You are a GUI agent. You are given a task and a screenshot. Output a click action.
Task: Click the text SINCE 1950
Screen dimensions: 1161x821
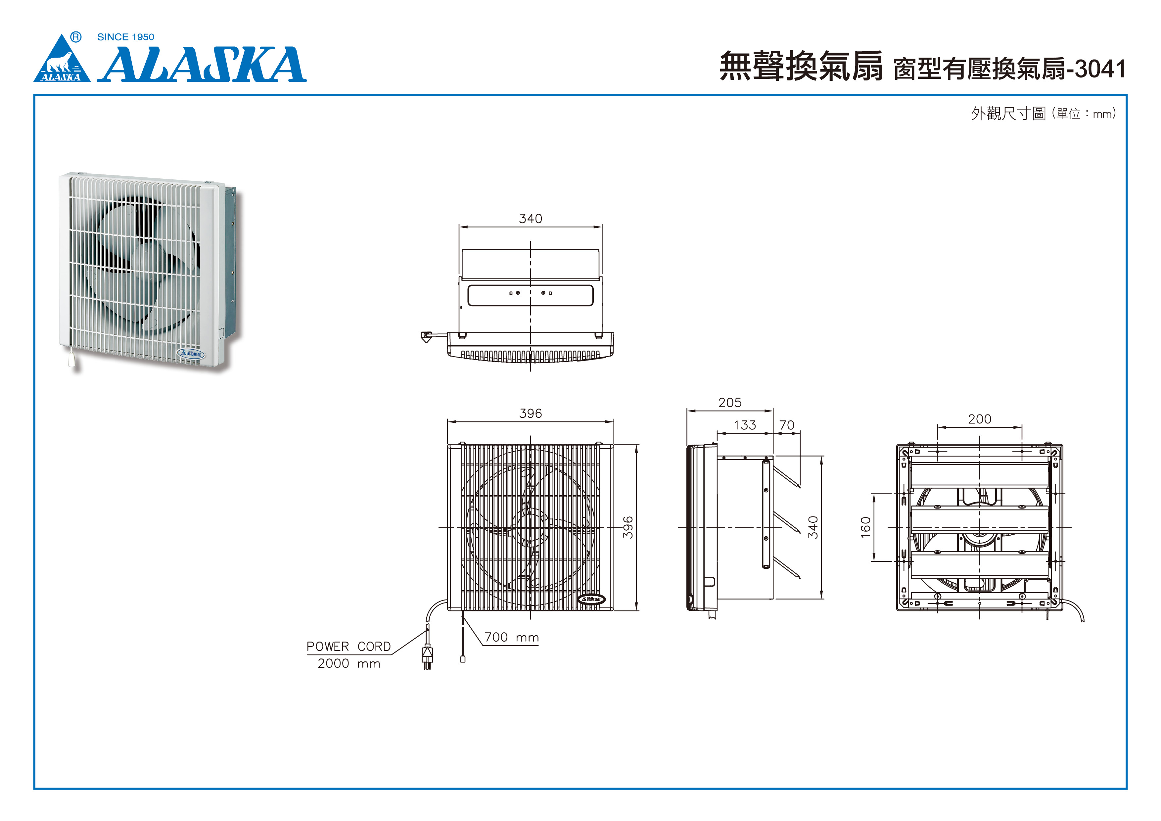[x=125, y=37]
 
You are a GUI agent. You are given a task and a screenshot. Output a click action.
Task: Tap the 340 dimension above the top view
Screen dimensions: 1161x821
[x=531, y=218]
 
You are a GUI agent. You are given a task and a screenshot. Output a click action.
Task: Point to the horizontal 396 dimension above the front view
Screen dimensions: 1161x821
[x=531, y=413]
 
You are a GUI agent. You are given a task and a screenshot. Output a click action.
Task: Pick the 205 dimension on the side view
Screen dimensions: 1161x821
[x=730, y=403]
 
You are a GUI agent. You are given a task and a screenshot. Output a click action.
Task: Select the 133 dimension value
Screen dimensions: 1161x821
[x=745, y=425]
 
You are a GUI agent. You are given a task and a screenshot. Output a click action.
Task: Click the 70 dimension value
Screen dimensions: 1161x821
[x=787, y=425]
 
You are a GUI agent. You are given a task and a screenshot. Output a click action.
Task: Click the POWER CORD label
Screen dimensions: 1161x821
[x=348, y=647]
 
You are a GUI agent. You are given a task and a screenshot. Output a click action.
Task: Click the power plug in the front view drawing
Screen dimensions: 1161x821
[x=427, y=656]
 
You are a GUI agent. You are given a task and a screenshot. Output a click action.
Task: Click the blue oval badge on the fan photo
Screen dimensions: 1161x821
[x=191, y=354]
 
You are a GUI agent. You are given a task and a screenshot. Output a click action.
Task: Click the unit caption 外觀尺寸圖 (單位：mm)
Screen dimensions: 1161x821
[x=1043, y=113]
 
